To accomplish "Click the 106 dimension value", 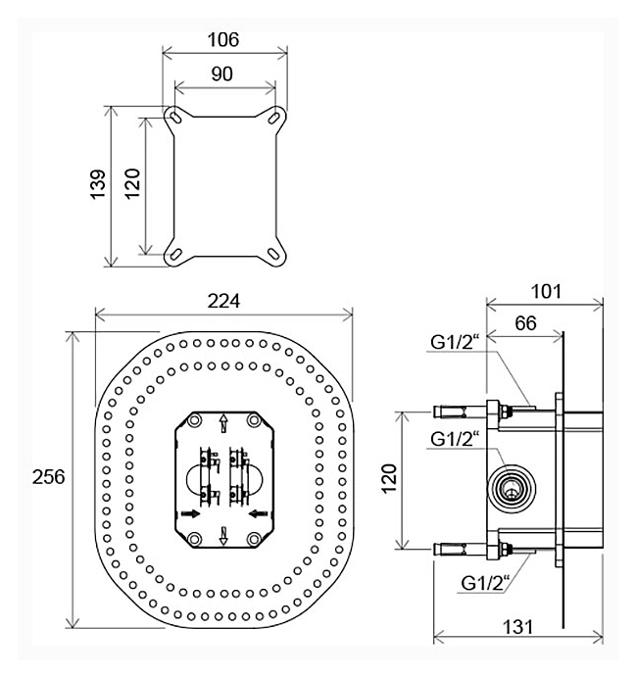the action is tap(223, 40).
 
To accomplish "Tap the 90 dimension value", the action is tap(221, 73).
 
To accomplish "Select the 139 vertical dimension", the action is tap(98, 184).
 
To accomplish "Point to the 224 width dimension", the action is tap(223, 301).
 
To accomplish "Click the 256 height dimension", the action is tap(49, 477).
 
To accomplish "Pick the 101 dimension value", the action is tap(546, 291).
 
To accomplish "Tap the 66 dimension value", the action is tap(525, 323).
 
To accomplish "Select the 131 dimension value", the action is tap(518, 627).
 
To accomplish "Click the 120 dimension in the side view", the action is tap(389, 478).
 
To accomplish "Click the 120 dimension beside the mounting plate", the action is tap(132, 184).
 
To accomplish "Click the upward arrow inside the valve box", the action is tap(223, 423).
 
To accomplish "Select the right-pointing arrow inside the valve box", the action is tap(190, 513).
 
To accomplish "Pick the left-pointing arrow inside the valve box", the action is tap(259, 513).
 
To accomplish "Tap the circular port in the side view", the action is tap(513, 490).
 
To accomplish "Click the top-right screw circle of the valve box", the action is tap(254, 420).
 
